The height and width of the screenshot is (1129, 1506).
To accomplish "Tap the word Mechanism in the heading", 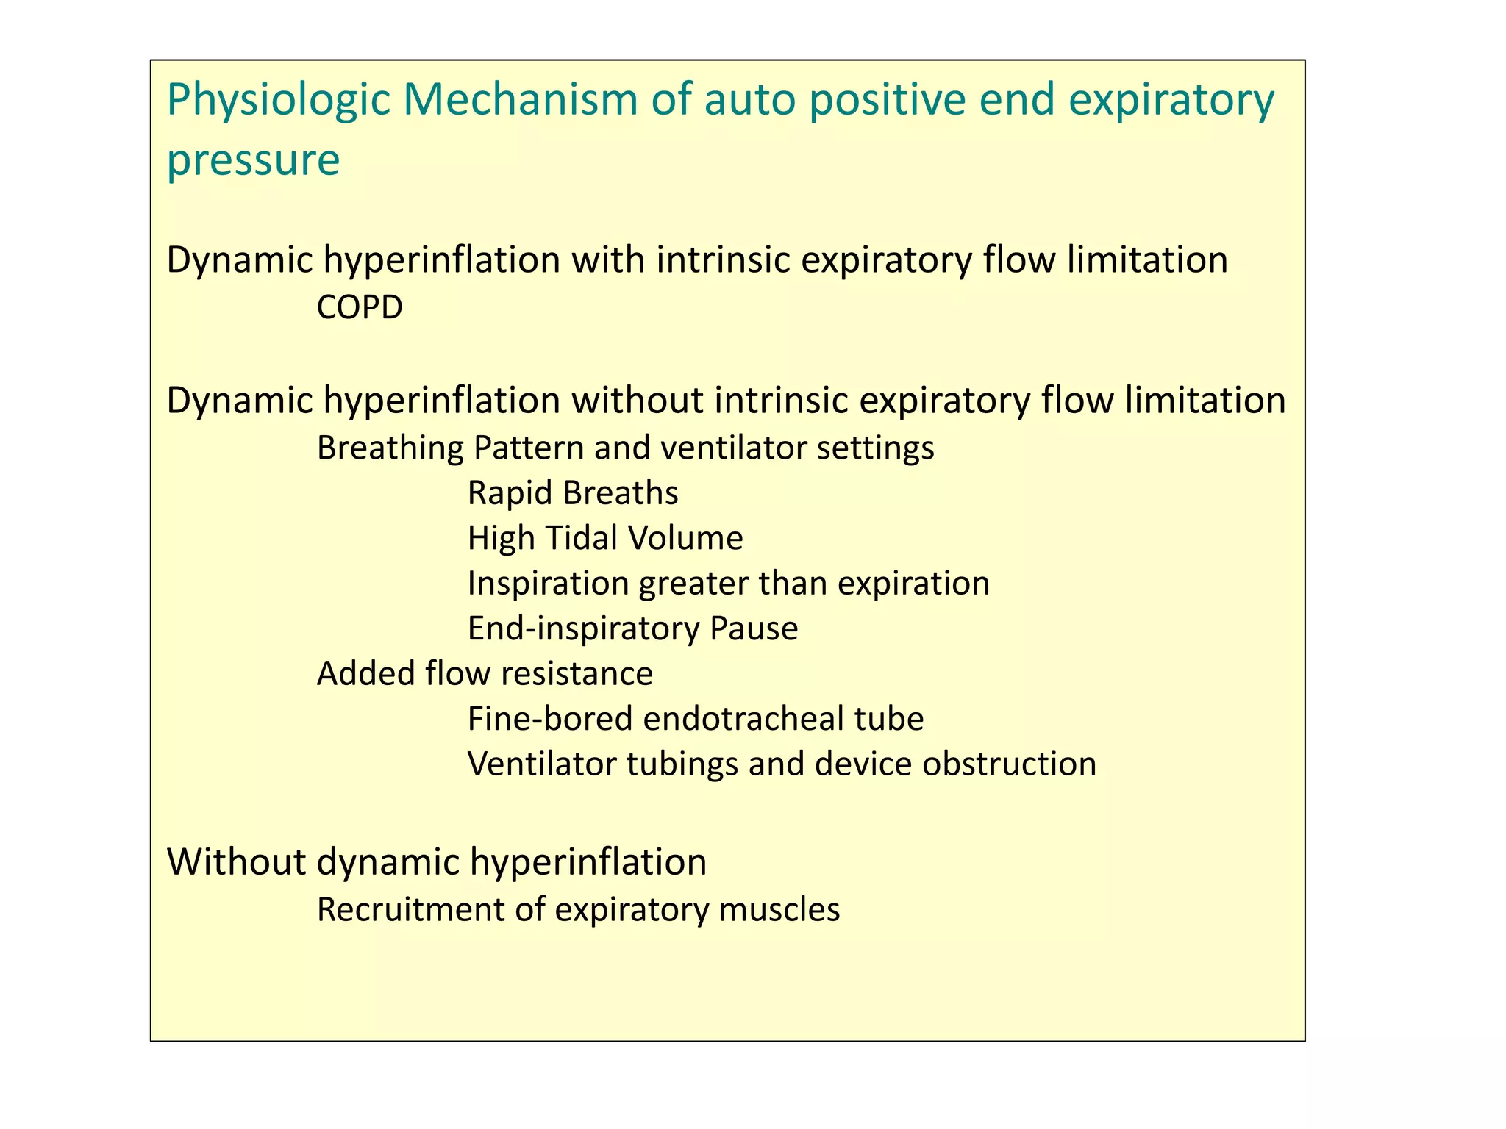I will [x=520, y=99].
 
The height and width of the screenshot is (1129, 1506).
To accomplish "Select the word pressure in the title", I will [x=253, y=160].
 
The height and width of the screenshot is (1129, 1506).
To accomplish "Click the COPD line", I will [x=360, y=307].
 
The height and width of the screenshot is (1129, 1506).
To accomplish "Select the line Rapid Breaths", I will [x=573, y=492].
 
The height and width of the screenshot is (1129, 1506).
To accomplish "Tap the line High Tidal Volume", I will [x=605, y=538].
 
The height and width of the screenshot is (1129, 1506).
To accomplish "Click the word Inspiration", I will [x=548, y=584].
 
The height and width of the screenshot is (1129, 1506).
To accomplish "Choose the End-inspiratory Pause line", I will [x=632, y=628].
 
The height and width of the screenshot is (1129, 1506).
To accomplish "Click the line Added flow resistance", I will [x=485, y=673].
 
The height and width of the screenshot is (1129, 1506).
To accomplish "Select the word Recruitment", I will [x=410, y=909].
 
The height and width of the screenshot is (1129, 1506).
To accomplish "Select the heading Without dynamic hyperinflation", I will [x=437, y=861].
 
